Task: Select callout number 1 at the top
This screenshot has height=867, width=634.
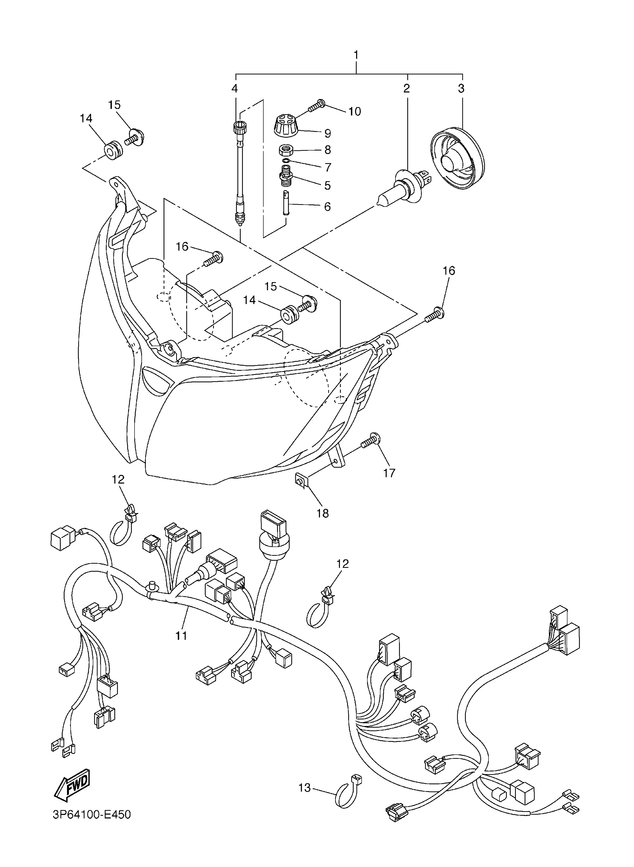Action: pyautogui.click(x=356, y=55)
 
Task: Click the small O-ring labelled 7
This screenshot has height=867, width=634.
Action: pyautogui.click(x=285, y=161)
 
